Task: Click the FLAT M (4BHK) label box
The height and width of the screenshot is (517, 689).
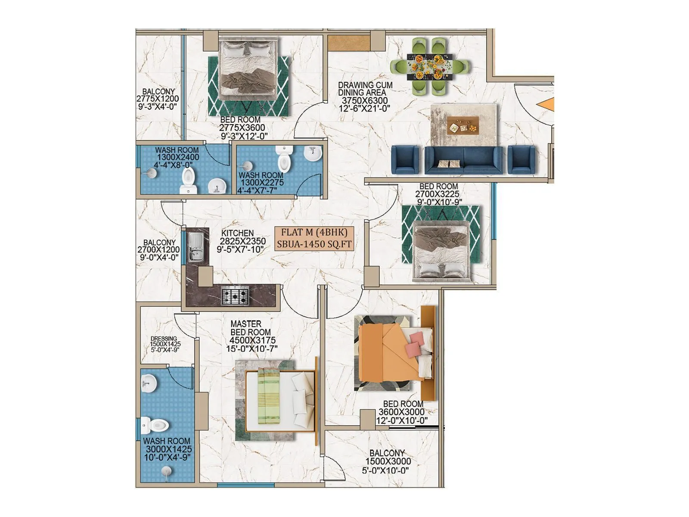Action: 314,238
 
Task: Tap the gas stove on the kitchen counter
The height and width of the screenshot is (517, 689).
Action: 235,296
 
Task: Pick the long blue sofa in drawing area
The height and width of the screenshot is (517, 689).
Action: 463,160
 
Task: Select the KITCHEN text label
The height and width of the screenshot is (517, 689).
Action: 237,233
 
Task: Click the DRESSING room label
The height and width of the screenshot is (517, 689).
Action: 164,339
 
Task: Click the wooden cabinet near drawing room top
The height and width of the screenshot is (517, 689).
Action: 349,43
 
